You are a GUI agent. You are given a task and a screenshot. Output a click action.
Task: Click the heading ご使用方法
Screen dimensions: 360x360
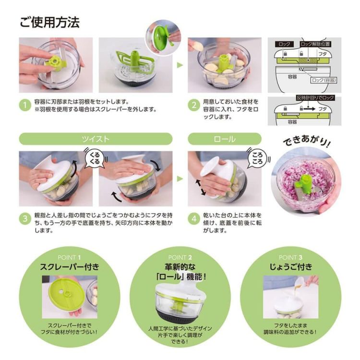[49, 22]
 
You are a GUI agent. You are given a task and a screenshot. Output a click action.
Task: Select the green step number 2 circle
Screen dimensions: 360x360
[193, 105]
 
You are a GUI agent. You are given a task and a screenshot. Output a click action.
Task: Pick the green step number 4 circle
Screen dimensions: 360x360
[193, 219]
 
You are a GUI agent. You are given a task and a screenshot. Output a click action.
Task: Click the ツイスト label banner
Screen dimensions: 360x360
[96, 139]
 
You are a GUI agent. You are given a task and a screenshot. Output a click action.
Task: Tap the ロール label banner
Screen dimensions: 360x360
[224, 139]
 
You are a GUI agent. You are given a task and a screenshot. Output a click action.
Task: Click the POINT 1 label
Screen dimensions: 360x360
[70, 257]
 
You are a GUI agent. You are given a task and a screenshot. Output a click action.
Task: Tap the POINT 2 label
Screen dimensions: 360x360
[180, 257]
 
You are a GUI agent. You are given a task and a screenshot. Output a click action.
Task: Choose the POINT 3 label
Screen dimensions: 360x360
[290, 257]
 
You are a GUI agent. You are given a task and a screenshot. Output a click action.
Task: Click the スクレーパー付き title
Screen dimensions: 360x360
[70, 267]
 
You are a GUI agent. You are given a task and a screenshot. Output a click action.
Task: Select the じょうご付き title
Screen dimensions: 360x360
[290, 267]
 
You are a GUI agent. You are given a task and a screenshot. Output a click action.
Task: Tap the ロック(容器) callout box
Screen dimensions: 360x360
[324, 80]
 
